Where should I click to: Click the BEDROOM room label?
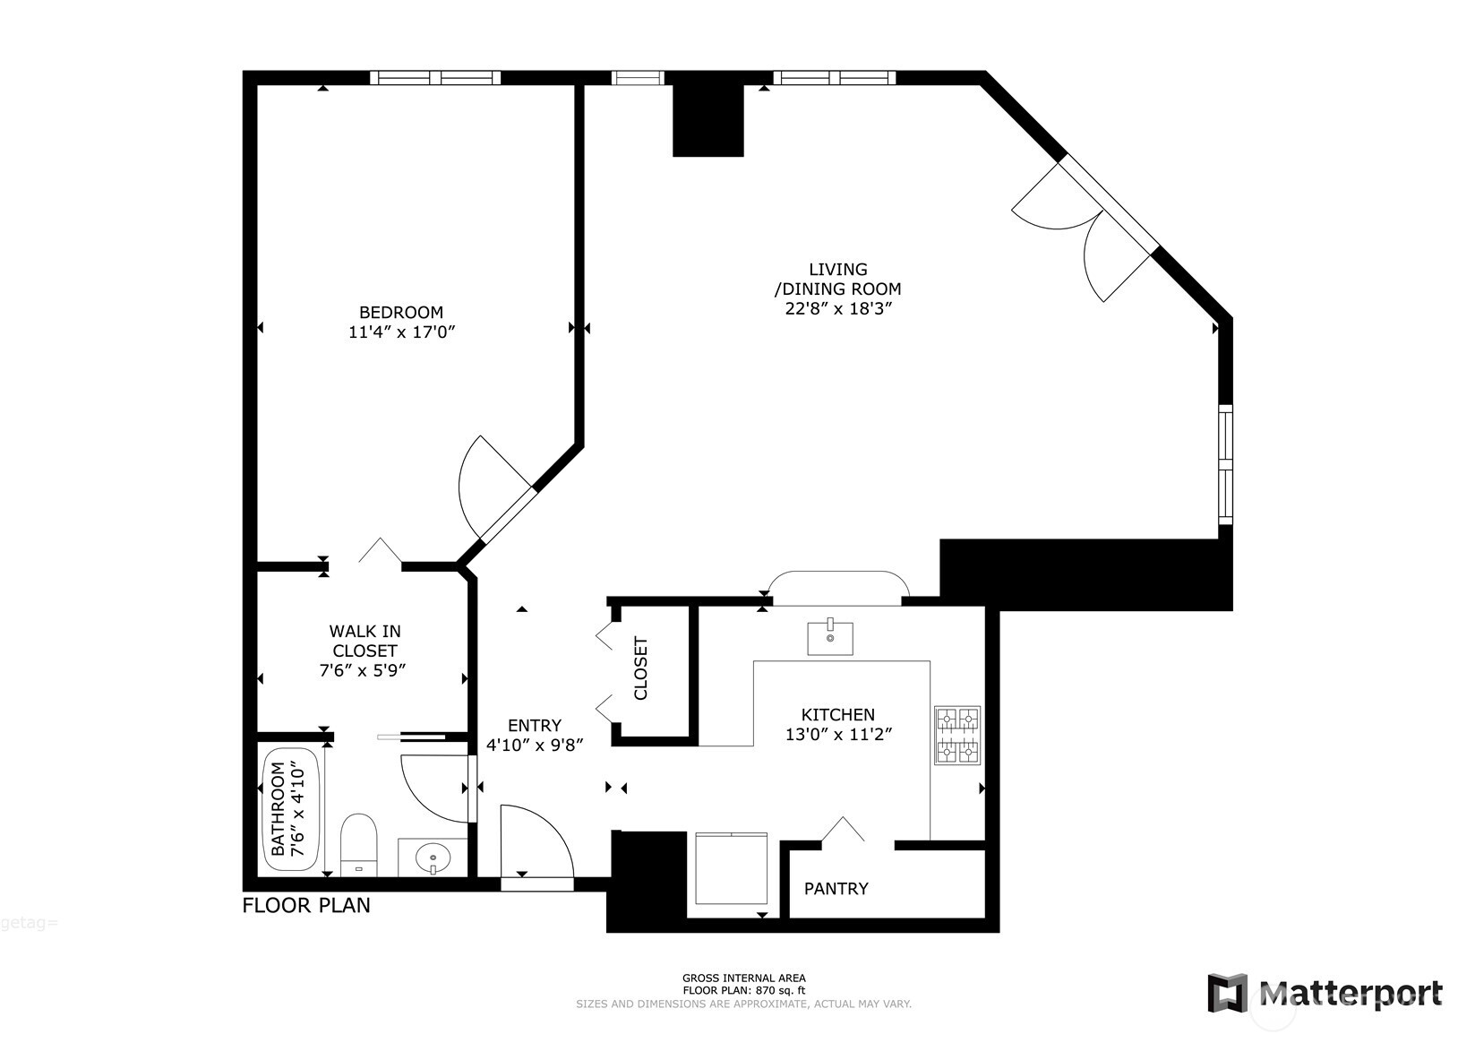pos(400,313)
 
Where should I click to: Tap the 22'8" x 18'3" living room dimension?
pos(838,309)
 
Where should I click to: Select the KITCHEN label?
pos(837,715)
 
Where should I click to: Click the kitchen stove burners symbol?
pos(957,736)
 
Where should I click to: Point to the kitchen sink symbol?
pos(830,638)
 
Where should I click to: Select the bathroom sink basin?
pos(433,858)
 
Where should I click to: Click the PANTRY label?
pos(836,889)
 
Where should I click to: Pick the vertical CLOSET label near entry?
pos(641,668)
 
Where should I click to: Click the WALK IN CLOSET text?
pos(364,642)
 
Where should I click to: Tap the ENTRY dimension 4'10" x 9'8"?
pos(535,745)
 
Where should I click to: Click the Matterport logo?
pos(1325,993)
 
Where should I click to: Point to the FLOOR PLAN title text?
pos(306,906)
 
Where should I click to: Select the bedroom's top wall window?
pos(435,78)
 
